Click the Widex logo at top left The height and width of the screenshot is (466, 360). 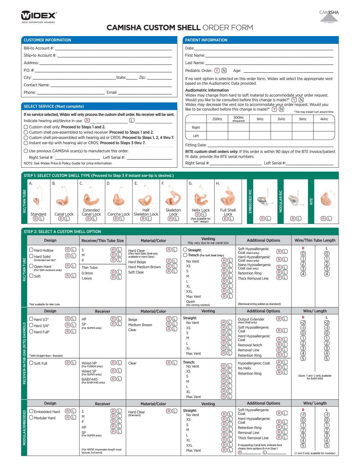(x=39, y=16)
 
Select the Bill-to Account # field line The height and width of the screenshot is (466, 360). (x=113, y=48)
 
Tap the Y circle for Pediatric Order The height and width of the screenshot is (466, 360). (x=217, y=70)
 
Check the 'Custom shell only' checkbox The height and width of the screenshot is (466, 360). (x=26, y=127)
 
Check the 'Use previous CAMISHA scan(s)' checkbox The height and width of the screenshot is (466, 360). (x=26, y=151)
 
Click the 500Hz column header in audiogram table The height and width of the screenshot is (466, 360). (x=238, y=119)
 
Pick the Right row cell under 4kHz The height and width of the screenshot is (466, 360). (x=324, y=127)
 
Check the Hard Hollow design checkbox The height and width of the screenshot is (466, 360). (x=31, y=250)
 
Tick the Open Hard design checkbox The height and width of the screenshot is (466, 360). (x=31, y=266)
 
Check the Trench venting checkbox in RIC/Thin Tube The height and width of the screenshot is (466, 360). (x=185, y=255)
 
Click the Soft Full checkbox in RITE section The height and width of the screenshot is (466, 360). (x=31, y=363)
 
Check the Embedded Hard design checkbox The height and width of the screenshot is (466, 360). (x=31, y=411)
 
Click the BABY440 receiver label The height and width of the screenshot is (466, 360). (x=89, y=379)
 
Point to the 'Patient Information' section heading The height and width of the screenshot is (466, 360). (x=206, y=40)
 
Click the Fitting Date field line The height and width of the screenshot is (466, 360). (x=270, y=145)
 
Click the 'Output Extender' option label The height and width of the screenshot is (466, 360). (x=251, y=319)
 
